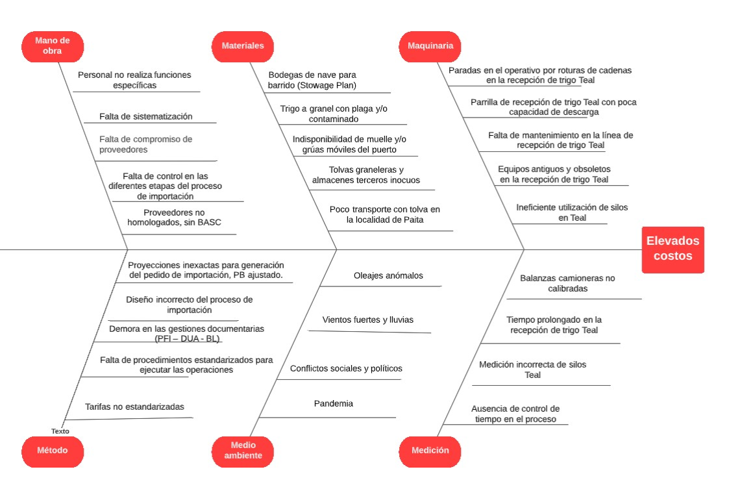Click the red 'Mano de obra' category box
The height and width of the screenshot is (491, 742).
tap(53, 46)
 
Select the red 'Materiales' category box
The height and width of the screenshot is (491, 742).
tap(243, 46)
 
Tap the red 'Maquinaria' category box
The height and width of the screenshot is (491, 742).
tap(430, 46)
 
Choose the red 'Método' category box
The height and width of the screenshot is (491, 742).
tap(53, 451)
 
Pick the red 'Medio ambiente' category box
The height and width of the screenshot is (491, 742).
tap(243, 451)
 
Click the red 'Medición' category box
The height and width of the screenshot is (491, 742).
tap(430, 451)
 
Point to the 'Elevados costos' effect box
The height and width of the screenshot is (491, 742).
tap(673, 249)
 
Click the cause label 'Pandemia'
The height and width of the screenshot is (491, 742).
tap(334, 403)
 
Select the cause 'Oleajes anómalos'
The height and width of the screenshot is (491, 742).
tap(388, 275)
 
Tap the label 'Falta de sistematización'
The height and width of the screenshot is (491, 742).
tap(146, 116)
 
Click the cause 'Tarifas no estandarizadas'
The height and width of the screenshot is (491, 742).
tap(135, 407)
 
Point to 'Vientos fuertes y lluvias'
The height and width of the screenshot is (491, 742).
tap(368, 320)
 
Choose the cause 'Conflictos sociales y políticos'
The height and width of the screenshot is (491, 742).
tap(347, 368)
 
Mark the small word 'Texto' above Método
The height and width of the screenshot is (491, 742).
tap(60, 431)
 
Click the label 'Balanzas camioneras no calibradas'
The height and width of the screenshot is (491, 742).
tap(567, 283)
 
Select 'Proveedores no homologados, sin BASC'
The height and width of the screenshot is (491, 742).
tap(174, 218)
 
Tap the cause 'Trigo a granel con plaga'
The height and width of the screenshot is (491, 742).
tap(334, 114)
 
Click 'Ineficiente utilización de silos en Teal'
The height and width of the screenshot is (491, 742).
tap(572, 212)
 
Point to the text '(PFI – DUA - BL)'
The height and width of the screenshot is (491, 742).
tap(188, 338)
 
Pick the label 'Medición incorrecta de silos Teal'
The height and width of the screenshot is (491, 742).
tap(533, 370)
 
